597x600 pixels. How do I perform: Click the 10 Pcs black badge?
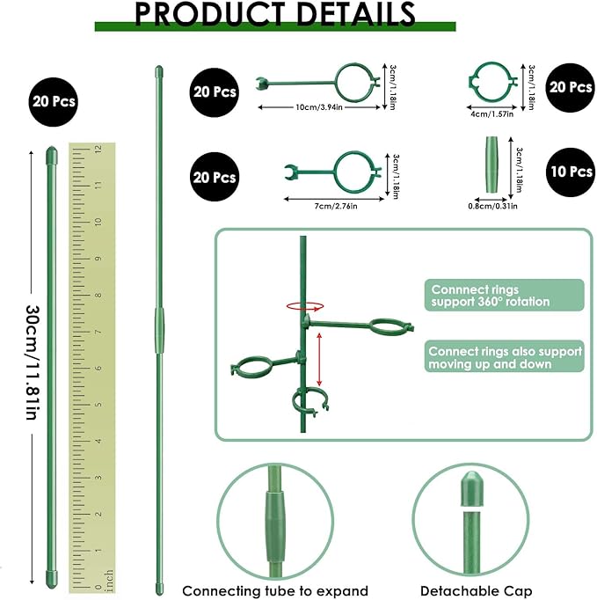click(x=571, y=172)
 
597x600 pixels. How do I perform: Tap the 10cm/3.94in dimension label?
click(x=319, y=107)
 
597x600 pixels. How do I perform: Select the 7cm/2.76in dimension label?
click(x=336, y=206)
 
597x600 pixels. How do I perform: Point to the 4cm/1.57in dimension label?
click(x=491, y=114)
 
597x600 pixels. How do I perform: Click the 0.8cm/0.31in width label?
click(x=492, y=206)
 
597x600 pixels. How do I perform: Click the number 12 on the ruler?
click(x=98, y=149)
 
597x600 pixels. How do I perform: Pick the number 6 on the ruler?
click(x=98, y=368)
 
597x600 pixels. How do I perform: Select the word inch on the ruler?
click(x=108, y=581)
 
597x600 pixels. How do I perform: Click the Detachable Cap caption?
click(x=477, y=591)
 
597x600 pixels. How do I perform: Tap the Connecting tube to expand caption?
click(x=275, y=591)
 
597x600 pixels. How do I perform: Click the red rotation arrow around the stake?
click(x=305, y=306)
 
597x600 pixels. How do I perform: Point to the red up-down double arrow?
click(x=319, y=359)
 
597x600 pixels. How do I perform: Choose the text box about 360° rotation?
click(x=504, y=295)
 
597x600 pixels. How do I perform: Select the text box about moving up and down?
click(x=504, y=356)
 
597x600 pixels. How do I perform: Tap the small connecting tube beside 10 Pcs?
click(x=491, y=165)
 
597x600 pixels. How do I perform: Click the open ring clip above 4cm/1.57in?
click(x=492, y=83)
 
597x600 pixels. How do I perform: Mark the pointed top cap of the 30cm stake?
click(x=52, y=155)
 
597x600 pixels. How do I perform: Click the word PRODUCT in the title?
click(x=209, y=14)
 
